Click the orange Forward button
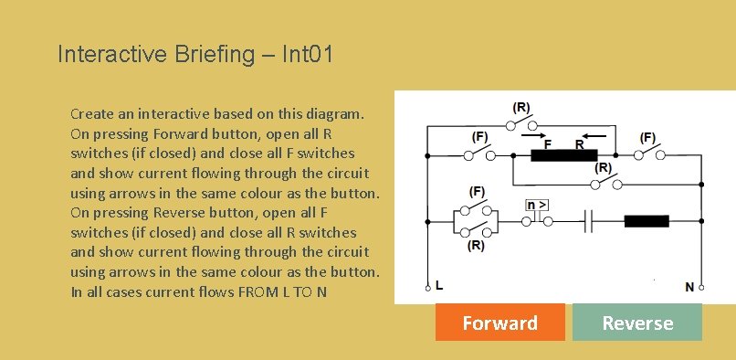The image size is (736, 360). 499,323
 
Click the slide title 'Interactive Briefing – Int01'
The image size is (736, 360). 195,54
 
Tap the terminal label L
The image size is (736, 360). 440,286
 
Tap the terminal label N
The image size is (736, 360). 689,286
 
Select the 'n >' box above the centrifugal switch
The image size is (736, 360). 536,205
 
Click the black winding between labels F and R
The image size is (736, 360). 563,155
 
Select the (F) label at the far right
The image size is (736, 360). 648,137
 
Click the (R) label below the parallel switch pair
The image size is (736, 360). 477,247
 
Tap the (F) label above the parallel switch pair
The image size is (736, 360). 477,192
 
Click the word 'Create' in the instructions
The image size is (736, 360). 92,114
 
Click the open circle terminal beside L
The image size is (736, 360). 427,287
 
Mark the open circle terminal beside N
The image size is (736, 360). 702,287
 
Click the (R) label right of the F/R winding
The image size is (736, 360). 604,168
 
